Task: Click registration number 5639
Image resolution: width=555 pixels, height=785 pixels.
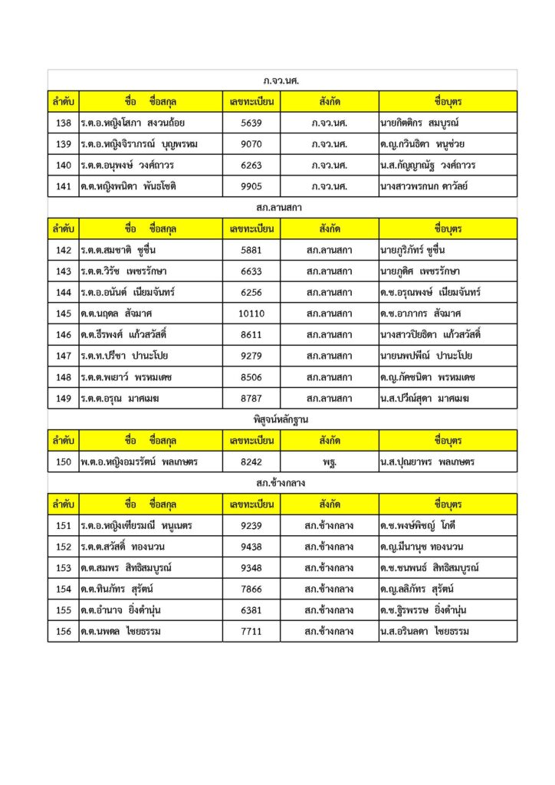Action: pyautogui.click(x=251, y=123)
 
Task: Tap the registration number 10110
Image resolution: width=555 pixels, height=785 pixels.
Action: pyautogui.click(x=251, y=314)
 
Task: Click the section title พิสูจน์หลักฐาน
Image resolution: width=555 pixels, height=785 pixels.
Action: pyautogui.click(x=282, y=419)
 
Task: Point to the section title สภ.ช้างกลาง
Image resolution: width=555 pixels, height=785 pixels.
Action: pyautogui.click(x=282, y=483)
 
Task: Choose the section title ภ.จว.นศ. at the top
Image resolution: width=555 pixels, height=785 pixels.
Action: pyautogui.click(x=282, y=80)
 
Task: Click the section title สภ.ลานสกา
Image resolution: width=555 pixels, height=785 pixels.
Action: pyautogui.click(x=282, y=207)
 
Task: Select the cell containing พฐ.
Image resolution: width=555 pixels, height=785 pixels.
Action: pyautogui.click(x=329, y=462)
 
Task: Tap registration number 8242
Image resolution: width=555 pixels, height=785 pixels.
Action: pyautogui.click(x=251, y=462)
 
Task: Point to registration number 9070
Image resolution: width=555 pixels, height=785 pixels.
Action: pyautogui.click(x=251, y=144)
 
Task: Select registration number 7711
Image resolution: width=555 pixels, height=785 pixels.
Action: pyautogui.click(x=251, y=632)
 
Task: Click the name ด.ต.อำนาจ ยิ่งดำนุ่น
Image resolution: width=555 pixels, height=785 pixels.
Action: pyautogui.click(x=120, y=610)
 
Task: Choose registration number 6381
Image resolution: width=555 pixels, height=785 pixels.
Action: pyautogui.click(x=251, y=610)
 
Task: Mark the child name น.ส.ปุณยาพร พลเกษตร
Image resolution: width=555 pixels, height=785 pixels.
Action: pyautogui.click(x=427, y=462)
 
